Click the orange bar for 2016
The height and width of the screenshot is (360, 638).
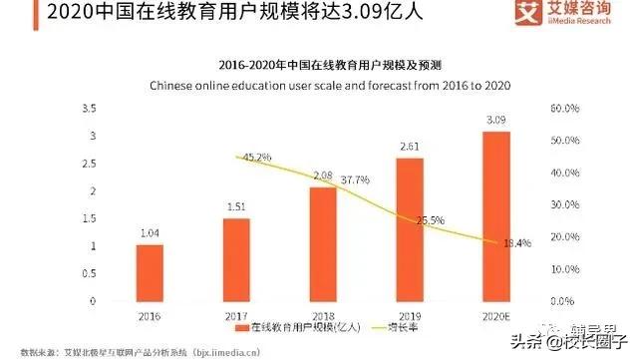tap(149, 272)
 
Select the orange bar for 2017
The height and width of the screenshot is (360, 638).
tap(236, 259)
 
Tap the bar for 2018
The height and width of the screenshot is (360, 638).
tap(323, 243)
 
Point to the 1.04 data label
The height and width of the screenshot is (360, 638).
tap(149, 235)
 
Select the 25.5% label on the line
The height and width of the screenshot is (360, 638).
tap(429, 220)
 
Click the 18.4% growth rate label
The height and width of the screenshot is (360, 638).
tap(516, 242)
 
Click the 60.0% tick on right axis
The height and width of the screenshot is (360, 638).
tap(563, 108)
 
